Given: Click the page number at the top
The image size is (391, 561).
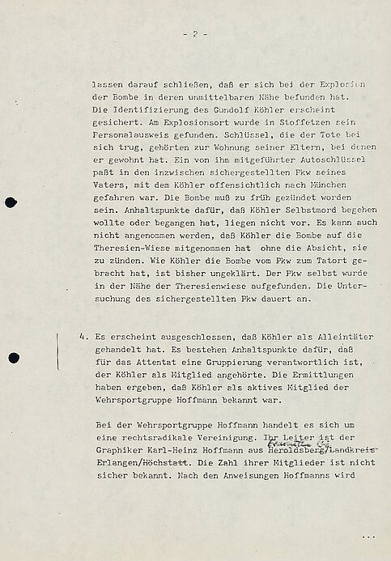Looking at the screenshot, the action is [x=195, y=34].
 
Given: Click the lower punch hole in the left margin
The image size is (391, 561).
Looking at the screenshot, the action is [x=11, y=357].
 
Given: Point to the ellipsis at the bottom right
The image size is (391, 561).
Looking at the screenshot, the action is [x=369, y=537].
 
